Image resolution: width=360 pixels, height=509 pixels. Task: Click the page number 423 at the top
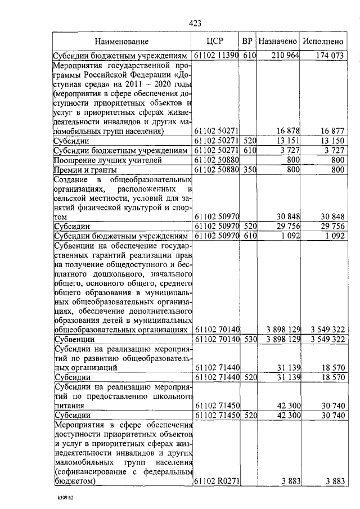195,22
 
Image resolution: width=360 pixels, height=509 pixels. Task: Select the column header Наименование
121,42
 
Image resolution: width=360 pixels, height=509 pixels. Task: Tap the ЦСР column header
216,41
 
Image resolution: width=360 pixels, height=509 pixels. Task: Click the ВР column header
247,42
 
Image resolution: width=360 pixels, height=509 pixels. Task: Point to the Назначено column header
277,42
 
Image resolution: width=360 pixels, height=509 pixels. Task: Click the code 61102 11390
217,56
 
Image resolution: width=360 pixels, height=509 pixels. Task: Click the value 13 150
332,141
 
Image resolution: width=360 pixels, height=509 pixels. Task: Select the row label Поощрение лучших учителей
100,160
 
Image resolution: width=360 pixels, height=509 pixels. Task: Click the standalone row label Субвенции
74,339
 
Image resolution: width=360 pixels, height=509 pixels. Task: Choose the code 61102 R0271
217,481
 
